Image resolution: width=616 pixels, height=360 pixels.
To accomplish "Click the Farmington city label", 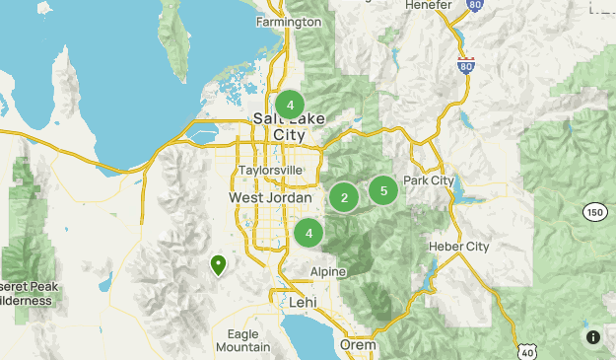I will coord(288,21).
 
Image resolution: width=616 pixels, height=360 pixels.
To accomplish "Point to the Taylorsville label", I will coord(270,170).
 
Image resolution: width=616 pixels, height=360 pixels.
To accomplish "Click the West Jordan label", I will coord(270,197).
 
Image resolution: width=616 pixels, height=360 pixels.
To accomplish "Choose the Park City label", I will coord(429,180).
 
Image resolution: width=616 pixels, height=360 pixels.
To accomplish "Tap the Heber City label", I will coord(458,246).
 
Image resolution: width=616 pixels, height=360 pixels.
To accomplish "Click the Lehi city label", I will coord(302,302).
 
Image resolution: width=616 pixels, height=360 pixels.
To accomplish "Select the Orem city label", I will coord(358,345).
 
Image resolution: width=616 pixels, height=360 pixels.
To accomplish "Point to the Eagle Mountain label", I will coord(242,340).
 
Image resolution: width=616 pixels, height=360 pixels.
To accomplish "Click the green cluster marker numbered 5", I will coord(383,189).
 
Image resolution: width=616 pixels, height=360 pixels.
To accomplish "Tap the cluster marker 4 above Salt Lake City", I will coord(290,105).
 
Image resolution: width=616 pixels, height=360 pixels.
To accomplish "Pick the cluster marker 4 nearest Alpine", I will coord(308,233).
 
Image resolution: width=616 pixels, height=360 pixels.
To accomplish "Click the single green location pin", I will coord(217,263).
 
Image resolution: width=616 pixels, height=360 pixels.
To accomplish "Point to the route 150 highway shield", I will coord(593,212).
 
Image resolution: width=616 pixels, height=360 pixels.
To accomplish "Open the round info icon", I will coord(592,337).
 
